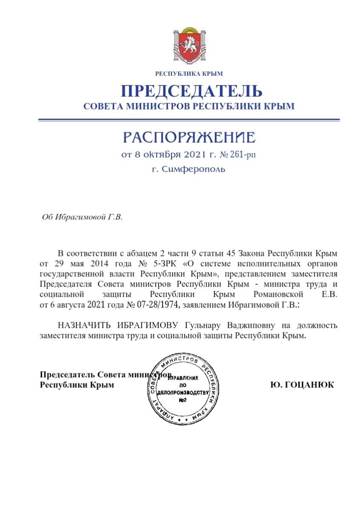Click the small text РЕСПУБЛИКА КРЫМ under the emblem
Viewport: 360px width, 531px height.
pos(189,74)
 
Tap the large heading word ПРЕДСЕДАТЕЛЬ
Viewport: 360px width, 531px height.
pos(191,91)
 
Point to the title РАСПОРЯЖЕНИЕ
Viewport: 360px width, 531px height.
pos(189,137)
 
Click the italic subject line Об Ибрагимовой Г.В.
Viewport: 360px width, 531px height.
pos(82,217)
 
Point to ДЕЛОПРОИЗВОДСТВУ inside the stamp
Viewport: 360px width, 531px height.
pos(183,392)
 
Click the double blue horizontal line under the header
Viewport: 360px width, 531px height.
pos(189,120)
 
